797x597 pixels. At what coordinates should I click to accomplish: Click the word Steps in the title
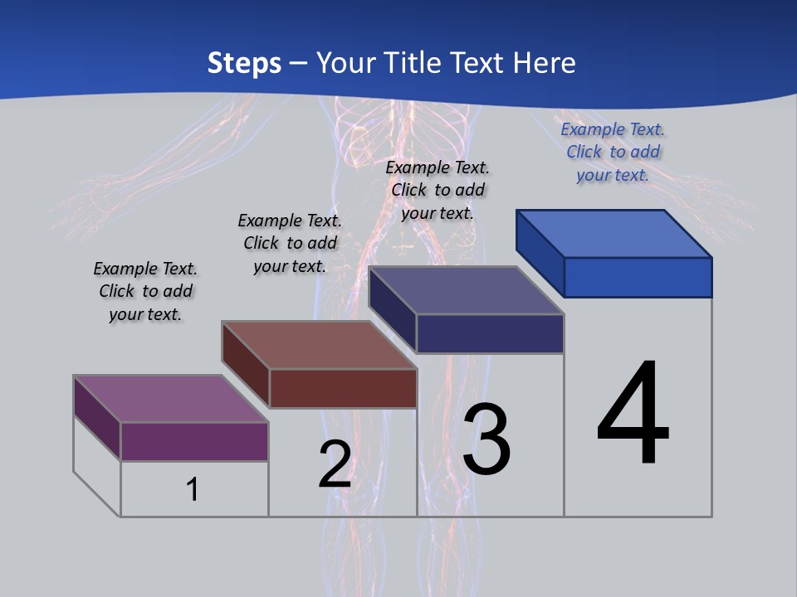(x=244, y=63)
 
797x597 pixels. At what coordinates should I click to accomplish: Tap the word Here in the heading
(x=545, y=63)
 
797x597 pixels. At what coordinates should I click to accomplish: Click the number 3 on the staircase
(x=487, y=439)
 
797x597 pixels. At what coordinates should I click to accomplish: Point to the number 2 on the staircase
(x=335, y=465)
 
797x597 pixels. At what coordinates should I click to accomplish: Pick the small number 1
(x=193, y=489)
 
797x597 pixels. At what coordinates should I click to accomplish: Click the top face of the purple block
(x=170, y=399)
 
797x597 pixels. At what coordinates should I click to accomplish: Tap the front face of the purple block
(x=194, y=441)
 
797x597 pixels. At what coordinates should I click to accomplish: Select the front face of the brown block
(x=343, y=388)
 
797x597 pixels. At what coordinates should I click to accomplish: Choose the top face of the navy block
(x=466, y=290)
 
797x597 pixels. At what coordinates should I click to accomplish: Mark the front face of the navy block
(x=490, y=333)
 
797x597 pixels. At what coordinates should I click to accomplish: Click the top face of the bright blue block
(x=614, y=234)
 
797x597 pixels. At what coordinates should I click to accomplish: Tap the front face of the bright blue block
(x=638, y=277)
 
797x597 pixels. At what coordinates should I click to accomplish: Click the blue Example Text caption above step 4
(x=613, y=152)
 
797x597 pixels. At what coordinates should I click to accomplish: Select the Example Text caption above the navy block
(x=438, y=190)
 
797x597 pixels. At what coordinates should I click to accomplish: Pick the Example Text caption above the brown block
(x=290, y=243)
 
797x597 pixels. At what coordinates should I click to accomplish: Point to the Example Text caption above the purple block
(x=145, y=291)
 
